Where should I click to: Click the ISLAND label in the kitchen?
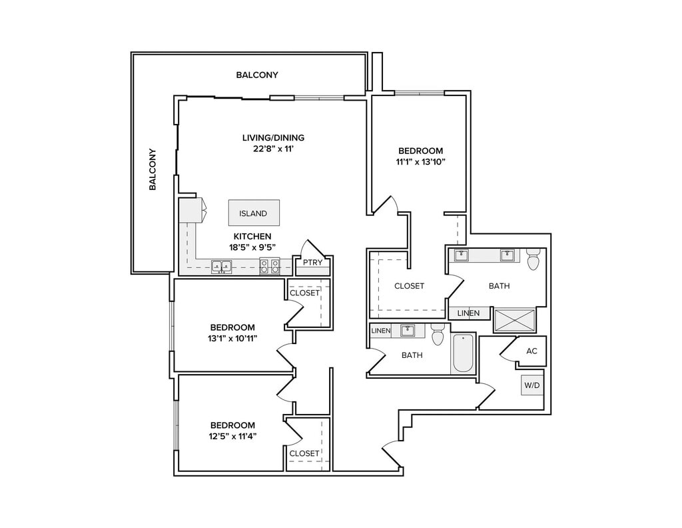[252, 213]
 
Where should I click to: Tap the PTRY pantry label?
[313, 262]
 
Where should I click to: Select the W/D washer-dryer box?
[532, 385]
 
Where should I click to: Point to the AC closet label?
[531, 351]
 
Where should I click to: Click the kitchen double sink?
[221, 267]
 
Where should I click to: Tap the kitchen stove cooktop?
[270, 267]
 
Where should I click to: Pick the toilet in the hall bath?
[437, 334]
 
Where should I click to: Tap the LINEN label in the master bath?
[468, 313]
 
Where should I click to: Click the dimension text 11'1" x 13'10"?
[420, 161]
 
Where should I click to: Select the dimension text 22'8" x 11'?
[273, 149]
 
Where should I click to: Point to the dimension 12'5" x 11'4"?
[232, 436]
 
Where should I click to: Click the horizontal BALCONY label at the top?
[257, 75]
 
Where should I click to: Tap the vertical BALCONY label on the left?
[153, 169]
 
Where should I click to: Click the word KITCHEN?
[252, 237]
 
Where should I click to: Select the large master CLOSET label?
[409, 286]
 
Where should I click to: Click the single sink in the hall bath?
[408, 331]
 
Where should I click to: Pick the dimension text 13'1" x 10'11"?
[232, 338]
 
